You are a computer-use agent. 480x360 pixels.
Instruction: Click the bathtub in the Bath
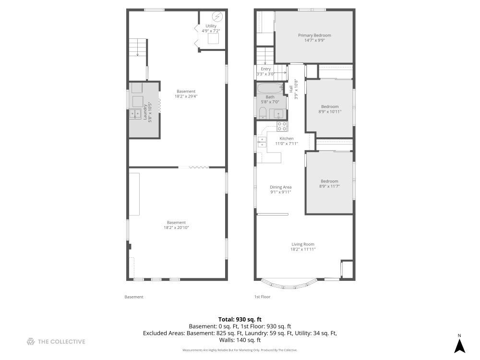pos(270,88)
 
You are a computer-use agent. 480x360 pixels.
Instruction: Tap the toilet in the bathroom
pos(263,113)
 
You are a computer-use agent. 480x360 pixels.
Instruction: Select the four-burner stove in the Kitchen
pos(282,126)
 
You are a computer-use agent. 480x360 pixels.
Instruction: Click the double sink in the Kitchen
pos(262,141)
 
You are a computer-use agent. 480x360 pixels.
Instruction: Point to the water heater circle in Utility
pos(217,17)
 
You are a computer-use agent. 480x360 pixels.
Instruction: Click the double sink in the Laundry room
pos(134,114)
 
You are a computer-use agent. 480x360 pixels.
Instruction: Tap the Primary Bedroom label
pos(314,35)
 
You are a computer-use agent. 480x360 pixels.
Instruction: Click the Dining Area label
pos(281,187)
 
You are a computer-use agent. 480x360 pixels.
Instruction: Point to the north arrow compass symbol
pos(459,345)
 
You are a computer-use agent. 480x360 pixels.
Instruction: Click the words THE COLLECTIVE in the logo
pos(62,342)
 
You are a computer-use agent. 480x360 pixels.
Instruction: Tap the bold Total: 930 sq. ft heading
pos(240,319)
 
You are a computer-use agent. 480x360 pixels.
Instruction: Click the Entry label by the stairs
pos(265,69)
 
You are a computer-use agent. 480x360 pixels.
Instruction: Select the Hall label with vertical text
pos(291,89)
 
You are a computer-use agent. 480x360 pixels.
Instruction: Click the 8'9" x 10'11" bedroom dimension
pos(330,112)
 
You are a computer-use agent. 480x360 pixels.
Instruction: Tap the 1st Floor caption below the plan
pos(262,297)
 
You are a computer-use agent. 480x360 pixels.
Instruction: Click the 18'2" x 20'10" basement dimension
pos(176,228)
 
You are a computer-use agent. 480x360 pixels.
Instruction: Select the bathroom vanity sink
pos(277,114)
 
